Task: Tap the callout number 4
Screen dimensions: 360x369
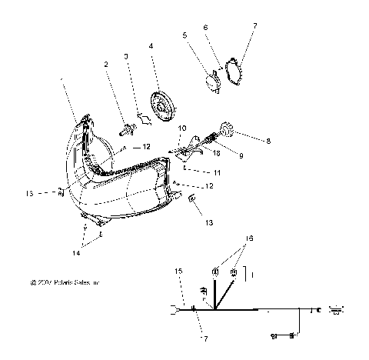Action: tap(151, 46)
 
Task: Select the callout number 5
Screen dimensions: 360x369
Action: tap(184, 35)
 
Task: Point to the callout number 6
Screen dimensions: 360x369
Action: tap(204, 27)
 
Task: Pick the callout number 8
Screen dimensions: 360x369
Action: tap(268, 141)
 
